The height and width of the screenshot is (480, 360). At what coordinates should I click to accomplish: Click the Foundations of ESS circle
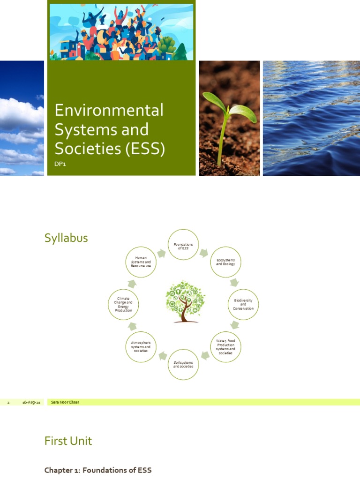tap(184, 245)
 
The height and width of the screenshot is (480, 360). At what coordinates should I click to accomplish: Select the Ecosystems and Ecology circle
tap(225, 262)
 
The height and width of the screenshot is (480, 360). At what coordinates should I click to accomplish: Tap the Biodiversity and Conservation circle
tap(243, 305)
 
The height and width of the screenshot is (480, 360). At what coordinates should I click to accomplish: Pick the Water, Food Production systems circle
tap(225, 347)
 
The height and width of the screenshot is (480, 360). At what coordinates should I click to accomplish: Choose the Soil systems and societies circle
tap(183, 364)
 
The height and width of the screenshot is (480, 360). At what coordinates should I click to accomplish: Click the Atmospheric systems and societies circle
tap(141, 347)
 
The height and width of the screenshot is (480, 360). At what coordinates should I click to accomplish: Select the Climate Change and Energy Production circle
tap(123, 305)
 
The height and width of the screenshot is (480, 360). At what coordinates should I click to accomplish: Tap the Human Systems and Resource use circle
tap(141, 262)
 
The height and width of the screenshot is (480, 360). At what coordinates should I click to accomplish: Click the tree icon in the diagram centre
tap(184, 301)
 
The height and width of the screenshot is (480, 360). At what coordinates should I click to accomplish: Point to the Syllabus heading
tap(66, 238)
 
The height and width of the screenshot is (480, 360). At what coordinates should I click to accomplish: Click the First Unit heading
tap(68, 441)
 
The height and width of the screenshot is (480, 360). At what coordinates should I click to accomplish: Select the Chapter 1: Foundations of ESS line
tap(98, 470)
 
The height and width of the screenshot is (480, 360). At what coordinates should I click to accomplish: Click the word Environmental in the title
tap(109, 111)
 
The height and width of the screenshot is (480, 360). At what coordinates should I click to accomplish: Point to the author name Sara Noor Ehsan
tap(65, 402)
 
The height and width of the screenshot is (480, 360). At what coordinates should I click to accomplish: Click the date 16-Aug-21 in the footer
tap(32, 402)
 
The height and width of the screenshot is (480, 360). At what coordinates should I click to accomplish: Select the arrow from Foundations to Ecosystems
tap(204, 253)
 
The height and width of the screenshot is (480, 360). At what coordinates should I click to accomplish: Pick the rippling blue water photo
tap(311, 118)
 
